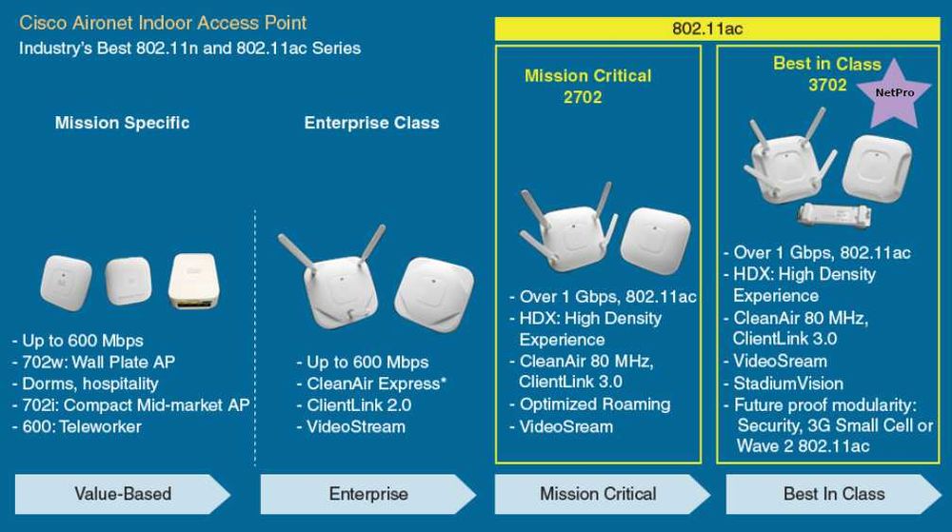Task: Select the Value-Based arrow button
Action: [x=123, y=494]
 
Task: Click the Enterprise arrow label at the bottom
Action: [x=368, y=494]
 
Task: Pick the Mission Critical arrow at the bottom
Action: [x=598, y=494]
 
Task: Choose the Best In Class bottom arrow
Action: [x=834, y=494]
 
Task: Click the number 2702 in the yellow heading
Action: [x=582, y=97]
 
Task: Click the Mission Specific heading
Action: [x=122, y=123]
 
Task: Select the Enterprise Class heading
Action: [x=371, y=123]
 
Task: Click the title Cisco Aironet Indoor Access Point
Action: [x=163, y=22]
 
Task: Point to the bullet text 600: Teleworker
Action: [x=76, y=426]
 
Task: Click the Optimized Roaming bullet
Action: [x=594, y=404]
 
